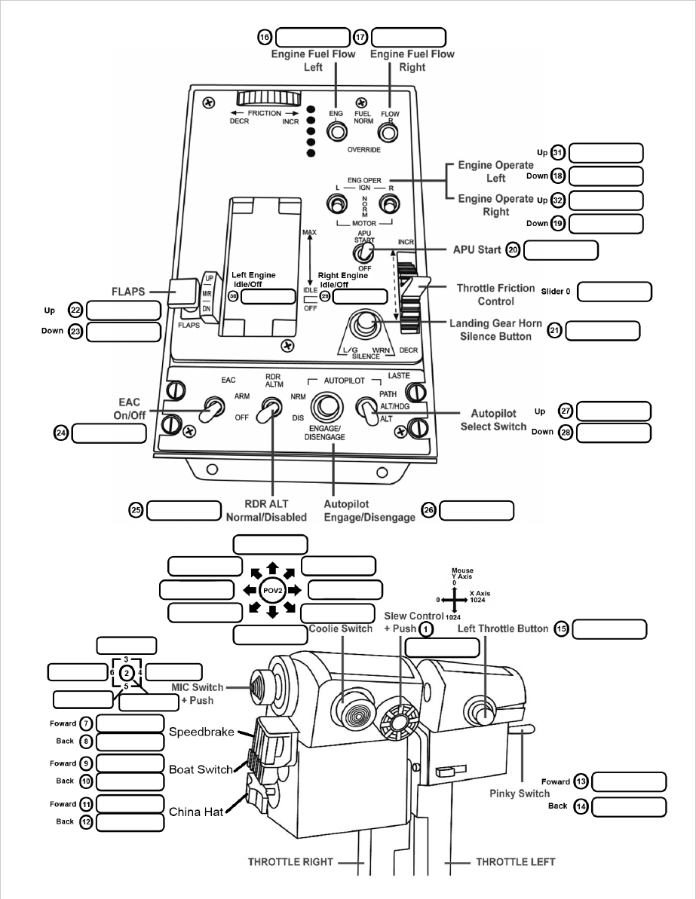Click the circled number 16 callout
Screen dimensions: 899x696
coord(265,37)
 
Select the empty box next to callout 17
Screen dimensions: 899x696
coord(409,38)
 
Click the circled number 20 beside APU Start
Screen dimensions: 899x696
coord(513,250)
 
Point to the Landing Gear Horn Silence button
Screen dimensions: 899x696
coord(367,323)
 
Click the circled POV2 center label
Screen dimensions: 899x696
coord(271,589)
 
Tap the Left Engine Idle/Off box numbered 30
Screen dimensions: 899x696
coord(268,296)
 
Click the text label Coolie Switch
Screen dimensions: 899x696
coord(341,629)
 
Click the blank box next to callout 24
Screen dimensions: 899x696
coord(109,433)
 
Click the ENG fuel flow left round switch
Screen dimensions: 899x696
coord(336,132)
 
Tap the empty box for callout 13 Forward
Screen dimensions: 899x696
coord(630,781)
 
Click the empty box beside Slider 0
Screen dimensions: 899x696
coord(615,292)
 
